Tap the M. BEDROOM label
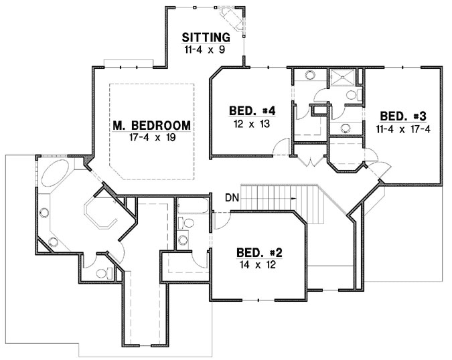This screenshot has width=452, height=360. tap(151, 125)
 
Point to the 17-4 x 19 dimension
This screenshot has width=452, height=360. tap(151, 137)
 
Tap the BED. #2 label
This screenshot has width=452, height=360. tap(259, 253)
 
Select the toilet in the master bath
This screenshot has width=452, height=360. tap(103, 272)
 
